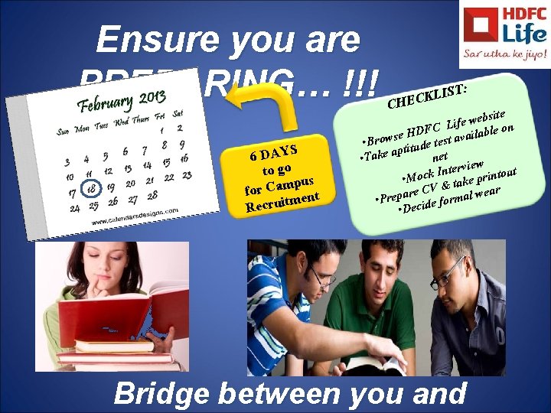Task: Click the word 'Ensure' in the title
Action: (x=143, y=40)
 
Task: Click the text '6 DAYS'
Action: (x=274, y=149)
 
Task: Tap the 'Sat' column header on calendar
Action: (x=178, y=113)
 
